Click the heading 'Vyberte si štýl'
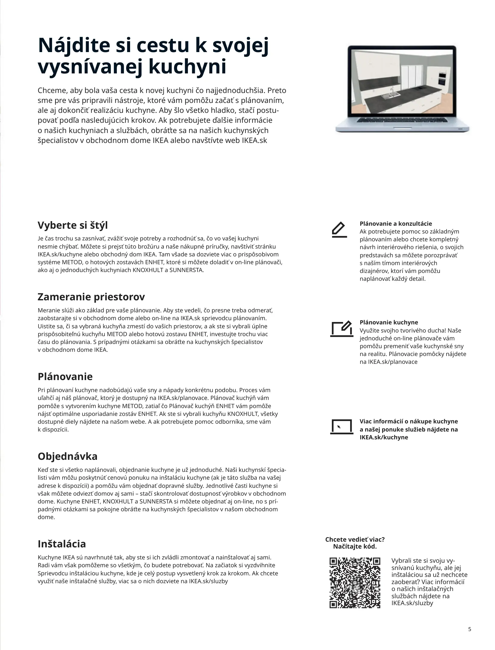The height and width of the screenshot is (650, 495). pyautogui.click(x=73, y=225)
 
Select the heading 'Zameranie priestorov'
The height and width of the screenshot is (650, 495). pyautogui.click(x=91, y=297)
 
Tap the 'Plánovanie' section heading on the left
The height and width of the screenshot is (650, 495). pyautogui.click(x=65, y=376)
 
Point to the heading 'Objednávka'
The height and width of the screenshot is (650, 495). pyautogui.click(x=67, y=457)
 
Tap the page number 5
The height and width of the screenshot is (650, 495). pyautogui.click(x=470, y=627)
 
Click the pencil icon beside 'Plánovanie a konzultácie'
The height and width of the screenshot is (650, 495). pyautogui.click(x=339, y=230)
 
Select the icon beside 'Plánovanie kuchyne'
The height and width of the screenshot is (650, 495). pyautogui.click(x=341, y=329)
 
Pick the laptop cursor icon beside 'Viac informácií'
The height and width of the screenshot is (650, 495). pyautogui.click(x=341, y=427)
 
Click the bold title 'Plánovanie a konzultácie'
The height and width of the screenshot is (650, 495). pyautogui.click(x=396, y=224)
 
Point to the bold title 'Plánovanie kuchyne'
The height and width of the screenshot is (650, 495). pyautogui.click(x=389, y=322)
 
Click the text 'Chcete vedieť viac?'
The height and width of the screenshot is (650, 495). pyautogui.click(x=355, y=539)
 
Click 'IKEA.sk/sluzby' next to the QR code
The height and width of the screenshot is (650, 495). pyautogui.click(x=412, y=603)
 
